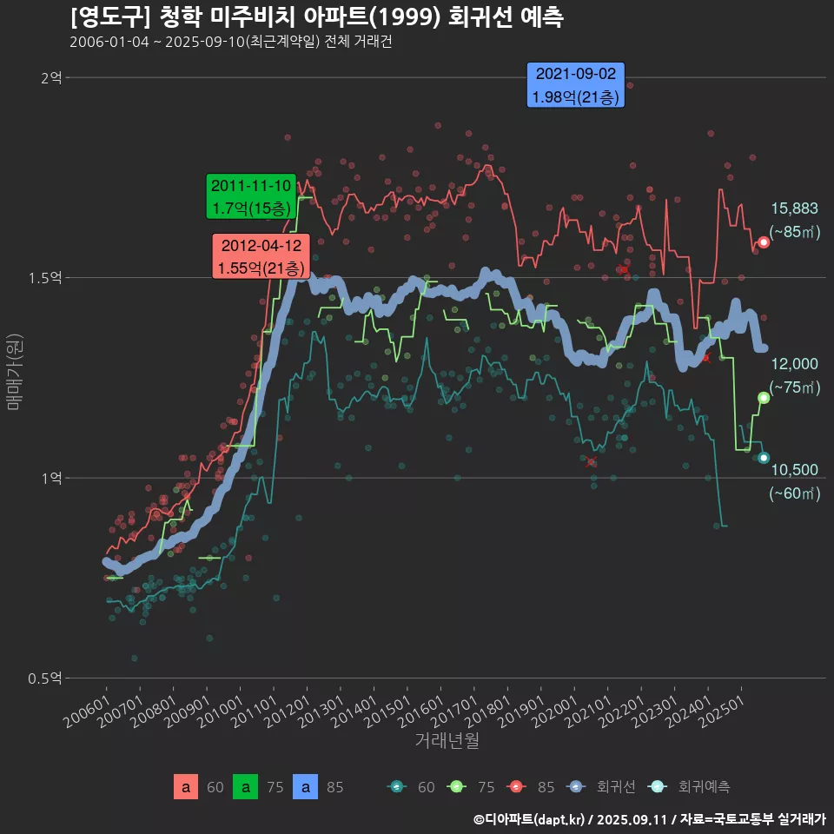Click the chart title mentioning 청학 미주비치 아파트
tap(316, 17)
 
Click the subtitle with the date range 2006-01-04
tap(230, 43)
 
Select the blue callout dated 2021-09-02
tap(576, 85)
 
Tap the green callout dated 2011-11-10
tap(251, 197)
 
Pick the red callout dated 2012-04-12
tap(261, 256)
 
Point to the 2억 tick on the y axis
tap(51, 78)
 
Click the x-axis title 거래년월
tap(447, 740)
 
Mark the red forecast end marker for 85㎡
tap(764, 242)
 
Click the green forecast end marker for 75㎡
tap(764, 398)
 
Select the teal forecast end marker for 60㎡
tap(764, 458)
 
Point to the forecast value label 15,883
tap(794, 208)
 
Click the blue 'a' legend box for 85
tap(305, 787)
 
